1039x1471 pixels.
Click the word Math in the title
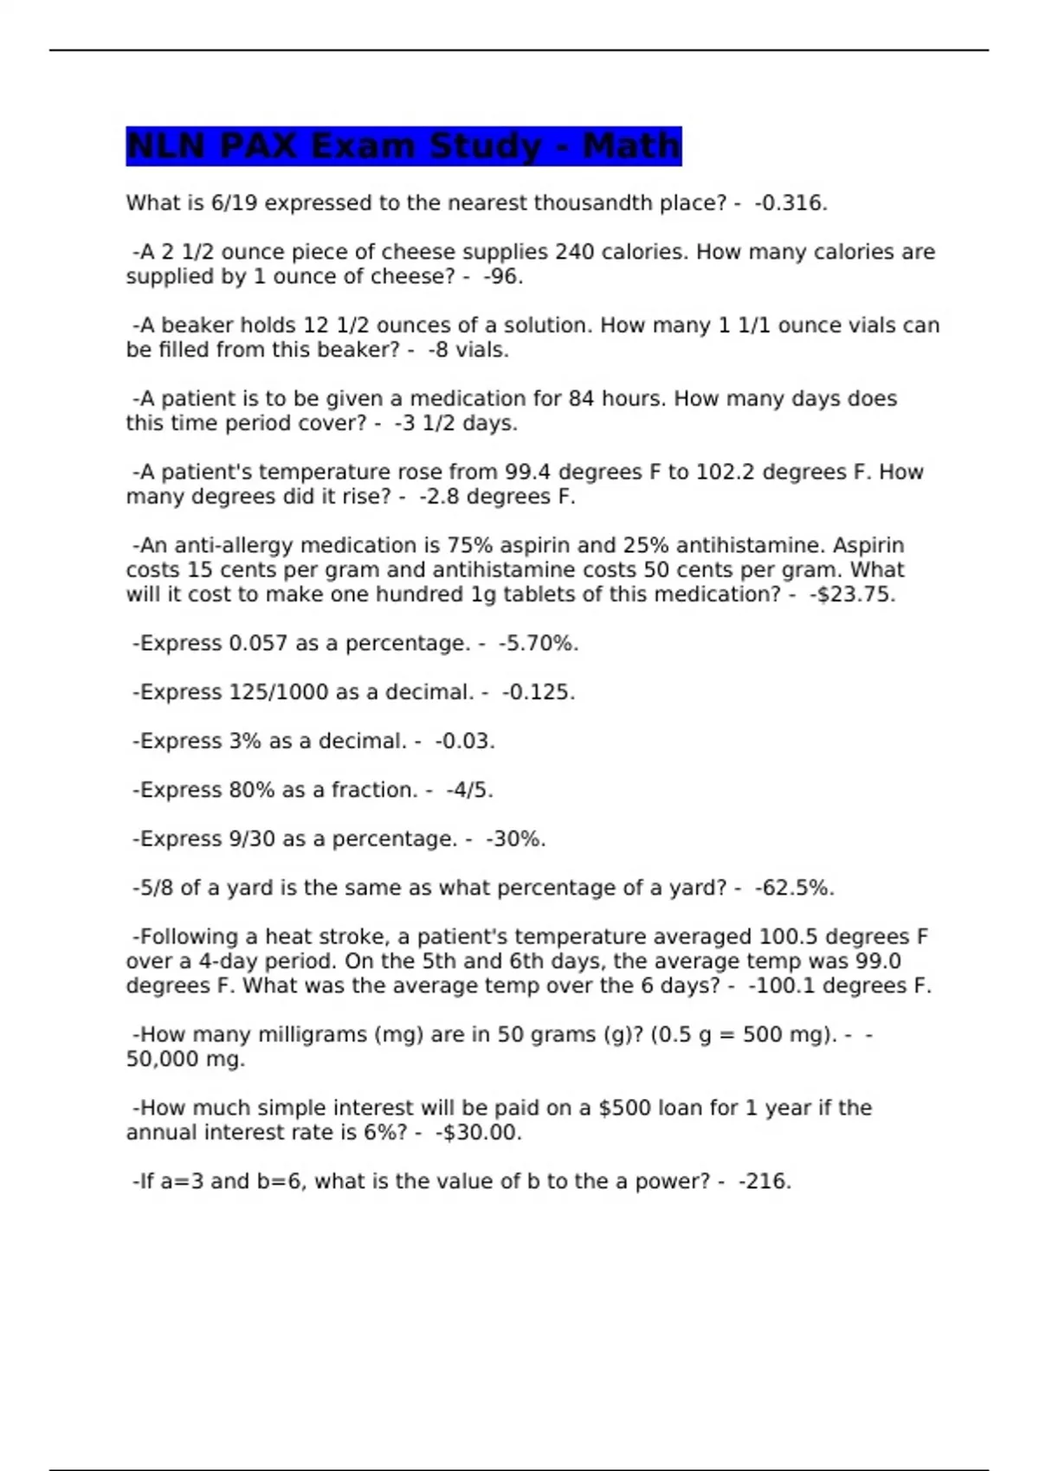[x=631, y=145]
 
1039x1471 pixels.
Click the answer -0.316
[x=791, y=203]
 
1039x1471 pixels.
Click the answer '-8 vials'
[x=468, y=350]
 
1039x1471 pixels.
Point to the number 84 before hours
[x=581, y=399]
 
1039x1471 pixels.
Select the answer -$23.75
[x=852, y=595]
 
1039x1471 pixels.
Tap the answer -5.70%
[x=538, y=644]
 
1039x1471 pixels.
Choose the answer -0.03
[x=464, y=742]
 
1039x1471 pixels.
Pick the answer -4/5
[x=469, y=791]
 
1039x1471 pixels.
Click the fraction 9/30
[x=252, y=839]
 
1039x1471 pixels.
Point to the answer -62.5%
[x=794, y=889]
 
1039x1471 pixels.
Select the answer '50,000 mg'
[x=185, y=1059]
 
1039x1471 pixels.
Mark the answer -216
[x=765, y=1182]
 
